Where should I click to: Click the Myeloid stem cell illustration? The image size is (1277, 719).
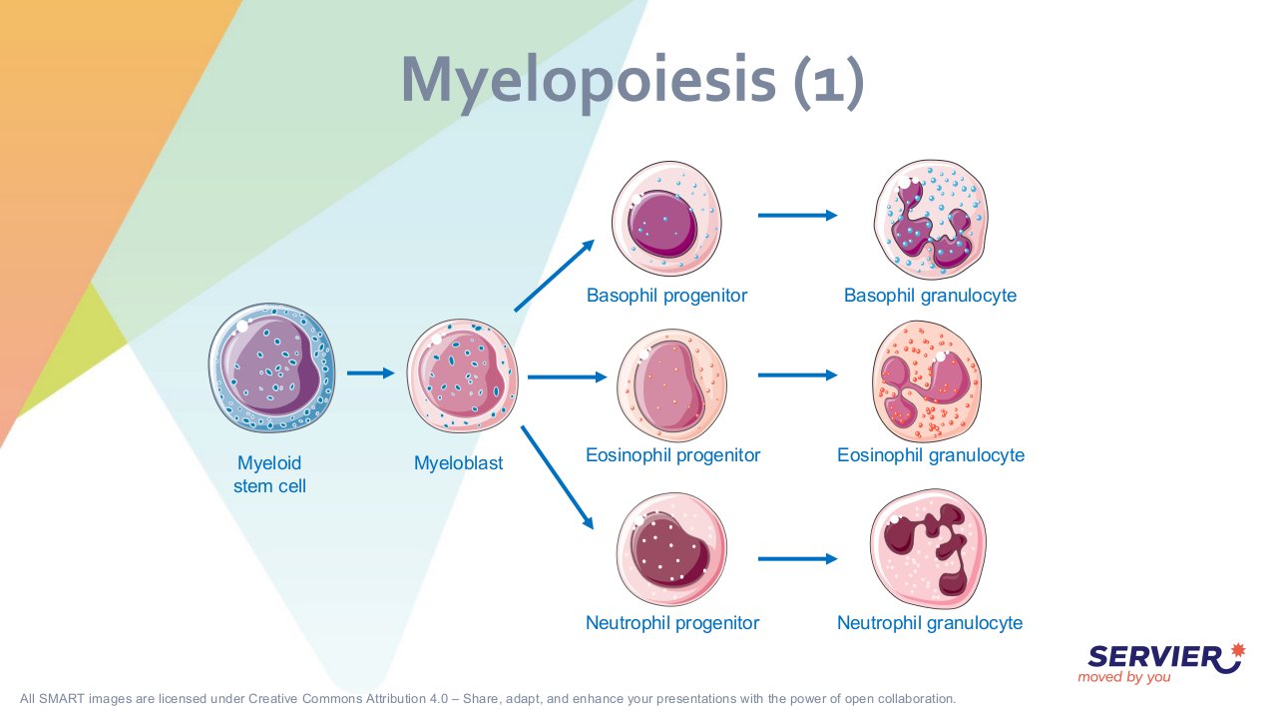point(272,367)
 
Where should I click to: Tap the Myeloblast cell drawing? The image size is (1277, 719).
point(462,375)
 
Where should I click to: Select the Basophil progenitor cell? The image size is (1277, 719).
point(666,219)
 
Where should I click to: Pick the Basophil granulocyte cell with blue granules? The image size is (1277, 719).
point(931,219)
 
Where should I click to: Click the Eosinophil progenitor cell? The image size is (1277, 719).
point(671,384)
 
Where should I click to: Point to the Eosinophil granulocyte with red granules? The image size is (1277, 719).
point(927,381)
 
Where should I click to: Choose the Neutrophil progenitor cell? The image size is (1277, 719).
point(671,549)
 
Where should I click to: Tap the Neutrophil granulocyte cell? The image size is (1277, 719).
point(928,548)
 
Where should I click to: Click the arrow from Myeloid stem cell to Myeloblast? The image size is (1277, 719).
point(370,373)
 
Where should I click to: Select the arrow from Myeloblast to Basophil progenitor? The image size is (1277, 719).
point(554,276)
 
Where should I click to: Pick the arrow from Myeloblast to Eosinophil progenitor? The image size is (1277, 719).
point(568,376)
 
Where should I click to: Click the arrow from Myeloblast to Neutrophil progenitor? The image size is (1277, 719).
point(557,477)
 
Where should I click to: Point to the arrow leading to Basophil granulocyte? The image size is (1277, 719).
point(797,215)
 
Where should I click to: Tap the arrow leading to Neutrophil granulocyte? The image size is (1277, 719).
point(797,558)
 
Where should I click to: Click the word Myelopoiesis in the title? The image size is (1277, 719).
point(589,80)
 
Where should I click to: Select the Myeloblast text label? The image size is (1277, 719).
point(458,462)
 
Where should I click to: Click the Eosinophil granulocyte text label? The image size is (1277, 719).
point(931,454)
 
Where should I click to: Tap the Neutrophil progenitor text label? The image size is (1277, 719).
point(672,622)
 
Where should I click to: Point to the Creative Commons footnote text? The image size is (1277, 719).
point(488,698)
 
